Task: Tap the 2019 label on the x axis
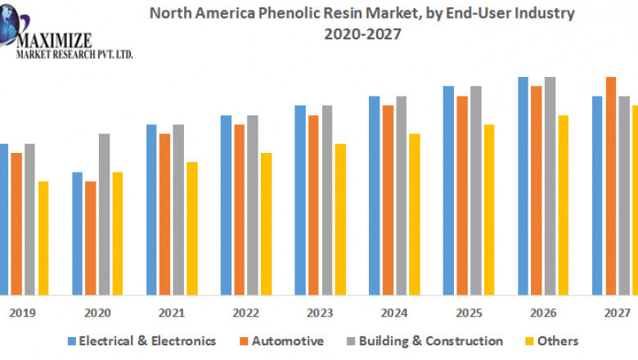(x=22, y=313)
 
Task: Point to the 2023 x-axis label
(x=320, y=313)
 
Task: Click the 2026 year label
(x=543, y=313)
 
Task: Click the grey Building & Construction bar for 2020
(x=104, y=214)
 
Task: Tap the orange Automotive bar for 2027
(x=610, y=186)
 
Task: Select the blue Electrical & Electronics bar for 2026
(x=523, y=186)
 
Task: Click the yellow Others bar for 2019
(x=43, y=237)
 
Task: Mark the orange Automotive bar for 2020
(x=91, y=237)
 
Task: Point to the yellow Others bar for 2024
(x=415, y=214)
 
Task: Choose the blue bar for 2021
(x=151, y=209)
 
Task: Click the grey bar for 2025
(x=476, y=190)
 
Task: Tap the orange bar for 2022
(x=239, y=209)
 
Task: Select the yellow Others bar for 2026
(x=564, y=205)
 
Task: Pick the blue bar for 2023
(x=300, y=200)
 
